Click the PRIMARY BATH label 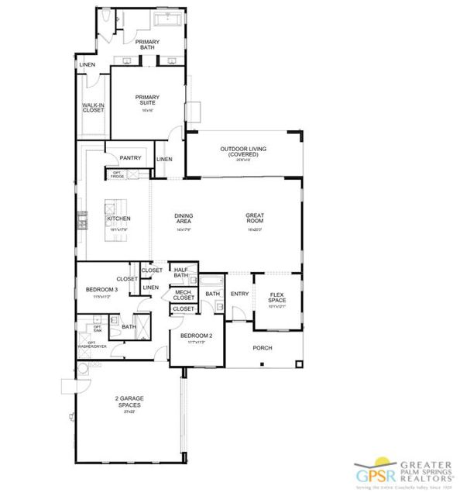147,44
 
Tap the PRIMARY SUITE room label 147,100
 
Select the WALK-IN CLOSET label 94,108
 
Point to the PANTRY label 130,158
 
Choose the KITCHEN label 119,219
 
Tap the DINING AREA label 184,219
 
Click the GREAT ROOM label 256,219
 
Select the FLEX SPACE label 277,297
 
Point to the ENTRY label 240,294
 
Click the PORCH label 263,348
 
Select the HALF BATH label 181,272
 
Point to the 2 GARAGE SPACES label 130,401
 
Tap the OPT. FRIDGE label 118,174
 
